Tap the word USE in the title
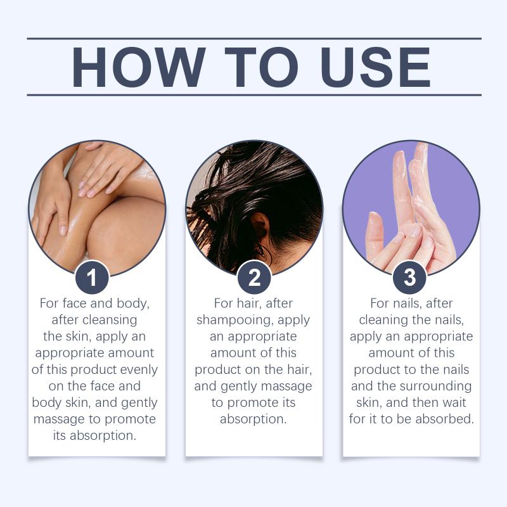[375, 67]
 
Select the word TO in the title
[261, 67]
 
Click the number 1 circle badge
[92, 278]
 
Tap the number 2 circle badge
[254, 278]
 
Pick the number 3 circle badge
[409, 278]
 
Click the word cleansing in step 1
[110, 321]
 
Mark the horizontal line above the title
[254, 39]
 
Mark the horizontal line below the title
[254, 95]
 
